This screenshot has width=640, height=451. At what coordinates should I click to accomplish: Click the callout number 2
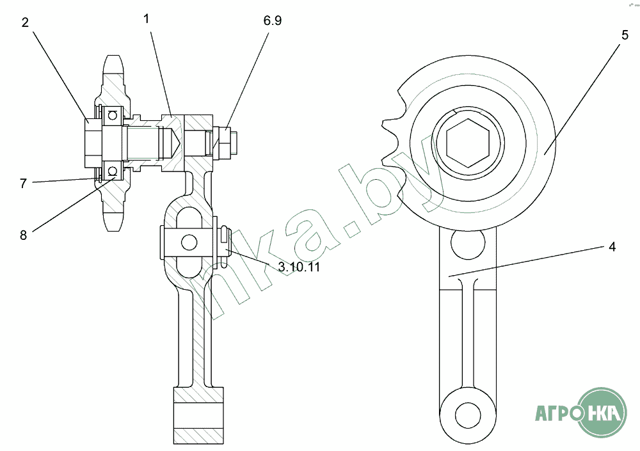[25, 23]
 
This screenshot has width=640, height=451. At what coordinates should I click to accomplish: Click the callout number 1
[147, 19]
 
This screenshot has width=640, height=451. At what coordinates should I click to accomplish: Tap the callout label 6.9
[272, 20]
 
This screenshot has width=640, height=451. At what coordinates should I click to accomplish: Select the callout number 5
[625, 35]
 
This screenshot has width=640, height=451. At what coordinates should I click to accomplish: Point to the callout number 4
[612, 247]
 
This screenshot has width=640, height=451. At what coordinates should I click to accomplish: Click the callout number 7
[23, 184]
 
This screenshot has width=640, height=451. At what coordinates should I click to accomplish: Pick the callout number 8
[23, 235]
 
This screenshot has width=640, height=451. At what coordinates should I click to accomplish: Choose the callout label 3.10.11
[299, 267]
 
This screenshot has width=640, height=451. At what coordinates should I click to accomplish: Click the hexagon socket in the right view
[468, 143]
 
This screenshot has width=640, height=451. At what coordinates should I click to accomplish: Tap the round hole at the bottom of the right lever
[468, 415]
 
